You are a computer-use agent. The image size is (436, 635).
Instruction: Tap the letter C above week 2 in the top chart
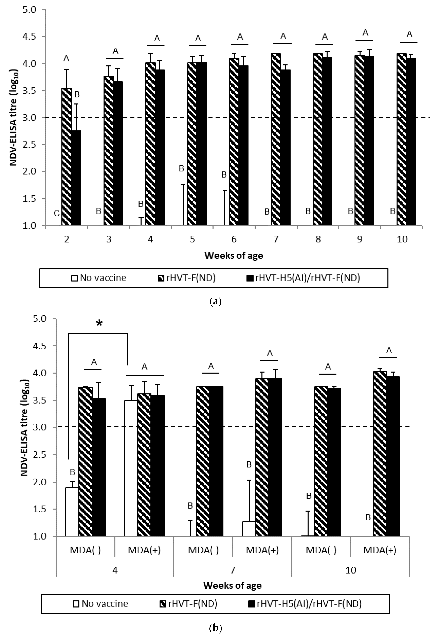[x=57, y=213]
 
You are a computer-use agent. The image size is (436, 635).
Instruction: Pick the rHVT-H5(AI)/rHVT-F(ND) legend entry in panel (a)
[x=303, y=278]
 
